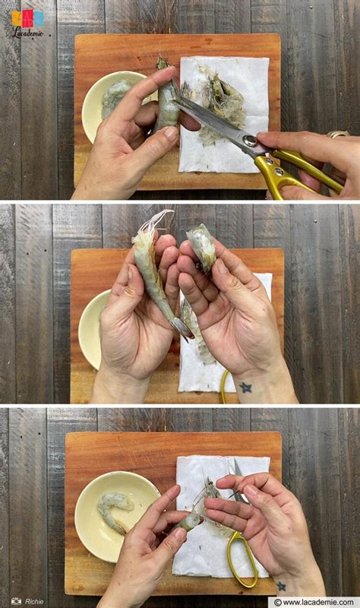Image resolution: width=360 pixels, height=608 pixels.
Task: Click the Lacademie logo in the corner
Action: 27,22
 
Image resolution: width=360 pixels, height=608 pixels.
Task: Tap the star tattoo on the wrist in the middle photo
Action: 245,387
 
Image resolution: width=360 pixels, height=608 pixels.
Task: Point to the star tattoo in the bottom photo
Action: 281,586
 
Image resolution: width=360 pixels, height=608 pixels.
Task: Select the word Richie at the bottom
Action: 34,601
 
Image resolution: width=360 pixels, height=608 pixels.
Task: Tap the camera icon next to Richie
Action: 16,601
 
